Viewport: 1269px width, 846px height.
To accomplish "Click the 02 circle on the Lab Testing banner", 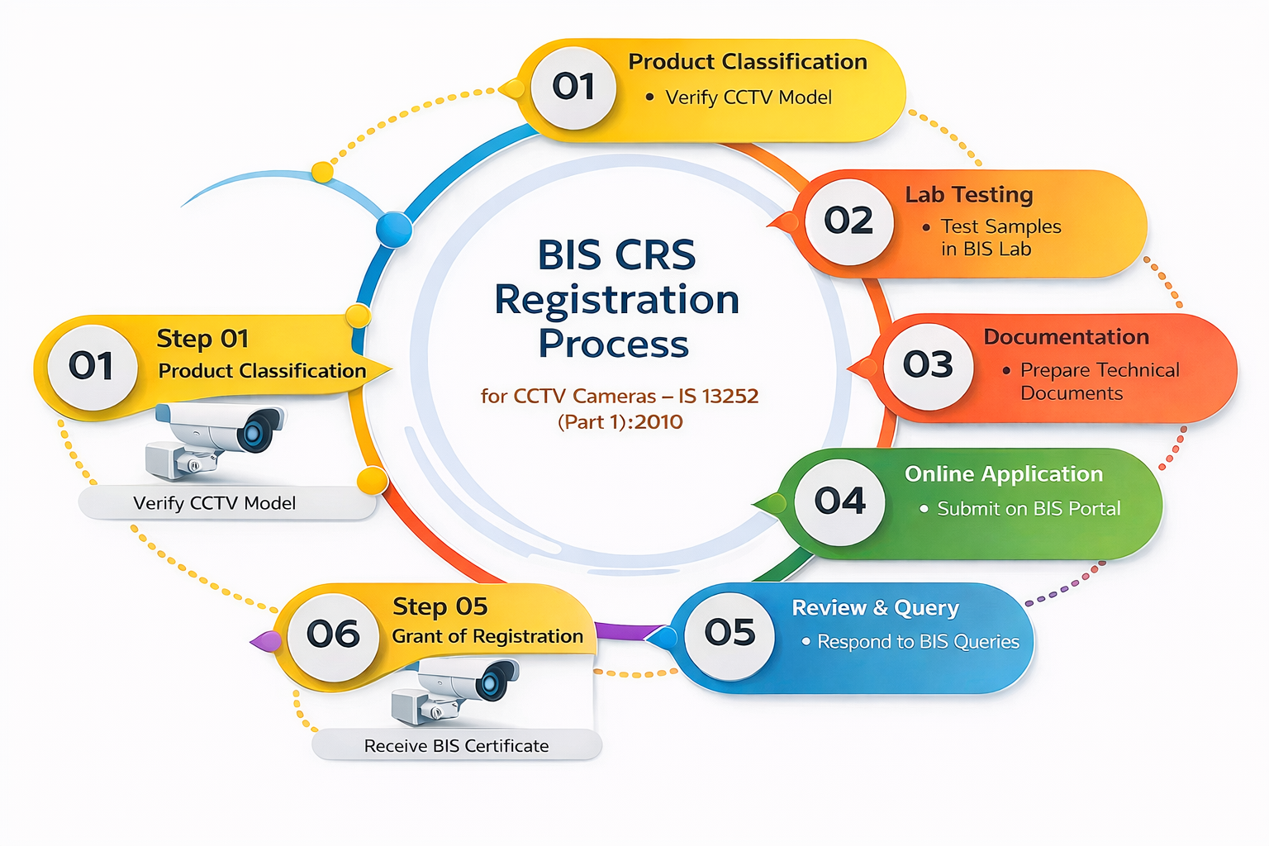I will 848,221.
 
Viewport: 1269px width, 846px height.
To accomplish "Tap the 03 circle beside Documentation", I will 928,365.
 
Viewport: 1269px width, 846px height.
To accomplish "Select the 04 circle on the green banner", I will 839,501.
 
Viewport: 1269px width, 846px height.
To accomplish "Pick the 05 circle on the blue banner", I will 730,634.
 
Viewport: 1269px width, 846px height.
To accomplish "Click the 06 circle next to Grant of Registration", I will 333,635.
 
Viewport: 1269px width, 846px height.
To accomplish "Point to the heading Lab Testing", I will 969,195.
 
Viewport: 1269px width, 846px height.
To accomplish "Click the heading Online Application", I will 1004,474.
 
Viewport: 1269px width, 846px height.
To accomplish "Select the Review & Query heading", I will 876,608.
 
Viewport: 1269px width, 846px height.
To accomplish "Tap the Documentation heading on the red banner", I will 1066,337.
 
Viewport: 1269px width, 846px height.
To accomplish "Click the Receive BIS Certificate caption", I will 456,746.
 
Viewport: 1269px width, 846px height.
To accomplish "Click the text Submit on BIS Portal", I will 1029,509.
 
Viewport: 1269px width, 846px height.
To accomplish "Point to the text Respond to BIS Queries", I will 918,642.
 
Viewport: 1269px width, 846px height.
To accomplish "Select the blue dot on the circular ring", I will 394,230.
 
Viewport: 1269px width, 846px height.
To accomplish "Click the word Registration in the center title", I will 616,300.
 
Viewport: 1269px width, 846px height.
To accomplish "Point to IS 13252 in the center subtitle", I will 718,397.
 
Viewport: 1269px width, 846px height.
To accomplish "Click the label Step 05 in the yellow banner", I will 440,607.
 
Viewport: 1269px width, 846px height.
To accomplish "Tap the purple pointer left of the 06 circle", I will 268,641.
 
